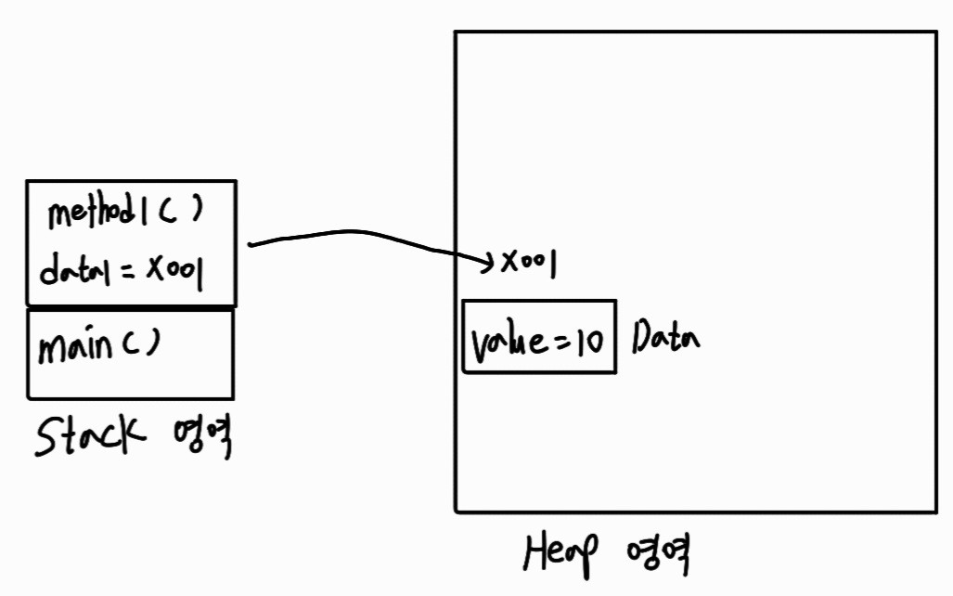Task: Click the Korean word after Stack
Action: (200, 436)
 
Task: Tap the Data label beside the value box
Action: (665, 338)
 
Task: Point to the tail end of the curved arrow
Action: (252, 245)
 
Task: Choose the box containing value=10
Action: (538, 336)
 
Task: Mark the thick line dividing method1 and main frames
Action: (131, 306)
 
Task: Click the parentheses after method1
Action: (182, 213)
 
